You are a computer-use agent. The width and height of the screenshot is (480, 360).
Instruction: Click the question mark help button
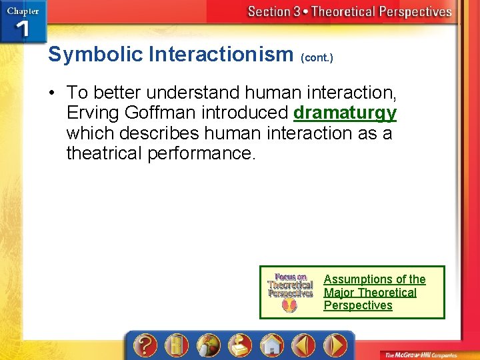(x=145, y=345)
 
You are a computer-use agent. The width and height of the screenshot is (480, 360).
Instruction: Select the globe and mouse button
(x=207, y=345)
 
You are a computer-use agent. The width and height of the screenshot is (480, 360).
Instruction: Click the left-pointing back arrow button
(x=305, y=345)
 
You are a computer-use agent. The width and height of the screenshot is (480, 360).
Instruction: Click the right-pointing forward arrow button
(x=335, y=345)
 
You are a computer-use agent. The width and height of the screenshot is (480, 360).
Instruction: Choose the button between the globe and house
(x=239, y=345)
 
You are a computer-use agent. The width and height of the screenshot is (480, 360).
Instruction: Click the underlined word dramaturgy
(x=345, y=113)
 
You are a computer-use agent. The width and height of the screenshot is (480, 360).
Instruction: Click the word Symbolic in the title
(x=95, y=55)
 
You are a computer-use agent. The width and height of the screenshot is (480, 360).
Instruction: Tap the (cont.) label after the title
(x=317, y=58)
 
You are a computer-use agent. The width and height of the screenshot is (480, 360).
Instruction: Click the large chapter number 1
(x=21, y=29)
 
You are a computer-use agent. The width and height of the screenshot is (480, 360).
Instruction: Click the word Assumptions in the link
(x=357, y=279)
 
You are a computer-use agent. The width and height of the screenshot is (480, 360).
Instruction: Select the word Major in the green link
(x=339, y=293)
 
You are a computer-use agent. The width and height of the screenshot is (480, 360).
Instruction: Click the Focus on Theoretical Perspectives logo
(x=289, y=291)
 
